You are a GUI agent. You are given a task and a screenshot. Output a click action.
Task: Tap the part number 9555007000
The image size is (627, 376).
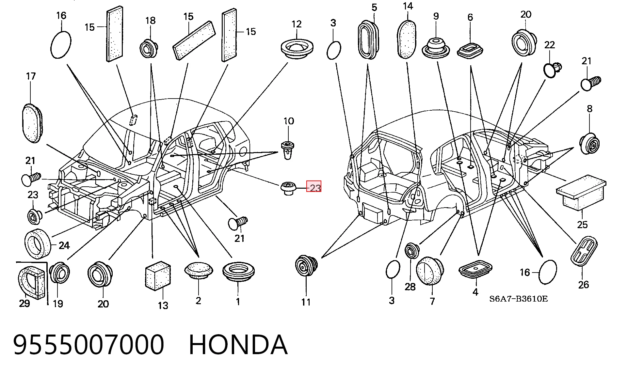coord(88,345)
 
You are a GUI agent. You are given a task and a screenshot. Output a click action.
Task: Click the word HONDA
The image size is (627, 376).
coord(238,345)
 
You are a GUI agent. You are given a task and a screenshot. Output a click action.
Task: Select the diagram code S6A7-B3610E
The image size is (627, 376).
coord(518,299)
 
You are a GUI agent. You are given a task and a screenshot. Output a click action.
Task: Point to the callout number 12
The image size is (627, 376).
coord(297,24)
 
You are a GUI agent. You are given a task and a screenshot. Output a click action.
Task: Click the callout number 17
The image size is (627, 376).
coord(31,76)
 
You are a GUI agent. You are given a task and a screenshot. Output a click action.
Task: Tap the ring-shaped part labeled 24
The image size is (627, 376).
coord(38,244)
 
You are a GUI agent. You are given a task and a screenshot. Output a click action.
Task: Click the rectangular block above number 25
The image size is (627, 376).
coord(581,193)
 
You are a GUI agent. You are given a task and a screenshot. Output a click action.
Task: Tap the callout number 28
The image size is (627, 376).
coord(410,287)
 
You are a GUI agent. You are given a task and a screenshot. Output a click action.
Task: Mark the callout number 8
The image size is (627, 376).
coord(589,109)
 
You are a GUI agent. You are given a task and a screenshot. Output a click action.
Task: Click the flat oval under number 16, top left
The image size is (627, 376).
coord(61,45)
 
